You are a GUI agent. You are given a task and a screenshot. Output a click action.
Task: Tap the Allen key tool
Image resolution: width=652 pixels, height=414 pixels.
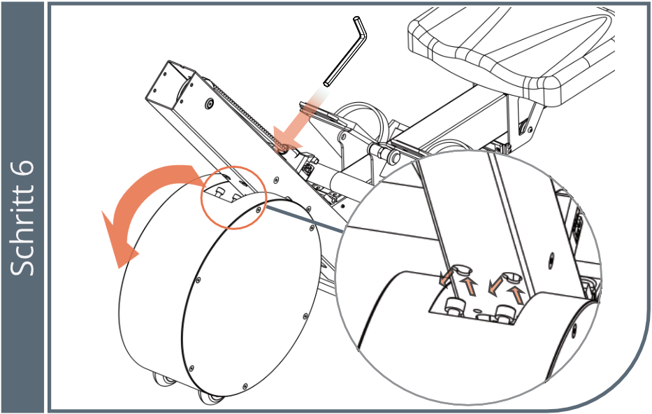tap(345, 51)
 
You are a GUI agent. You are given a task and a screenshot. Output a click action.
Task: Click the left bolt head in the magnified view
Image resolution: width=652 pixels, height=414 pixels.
tap(456, 306)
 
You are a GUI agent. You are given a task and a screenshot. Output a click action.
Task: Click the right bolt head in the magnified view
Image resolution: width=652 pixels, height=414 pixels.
tap(505, 313)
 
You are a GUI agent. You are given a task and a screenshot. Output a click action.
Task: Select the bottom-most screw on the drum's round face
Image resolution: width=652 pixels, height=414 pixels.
tap(245, 387)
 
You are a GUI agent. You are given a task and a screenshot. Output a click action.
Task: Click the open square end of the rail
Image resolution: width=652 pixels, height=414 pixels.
tap(171, 83)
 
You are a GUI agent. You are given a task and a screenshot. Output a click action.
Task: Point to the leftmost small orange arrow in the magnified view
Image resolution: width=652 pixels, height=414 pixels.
tap(446, 277)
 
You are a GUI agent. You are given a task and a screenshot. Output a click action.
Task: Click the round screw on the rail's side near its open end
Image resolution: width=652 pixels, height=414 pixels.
tap(209, 102)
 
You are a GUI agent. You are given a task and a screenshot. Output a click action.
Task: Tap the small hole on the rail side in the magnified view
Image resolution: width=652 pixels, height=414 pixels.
tap(552, 258)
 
